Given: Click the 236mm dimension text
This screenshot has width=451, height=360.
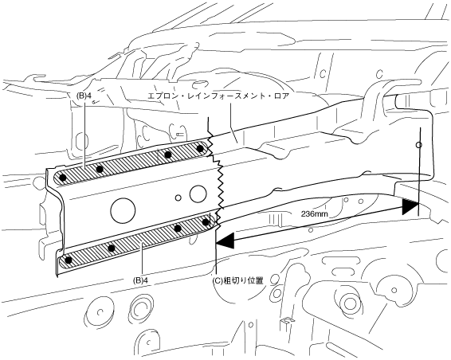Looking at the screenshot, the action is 315,214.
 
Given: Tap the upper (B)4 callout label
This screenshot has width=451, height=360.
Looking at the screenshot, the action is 84,96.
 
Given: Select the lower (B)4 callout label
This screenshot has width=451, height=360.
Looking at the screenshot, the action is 140,280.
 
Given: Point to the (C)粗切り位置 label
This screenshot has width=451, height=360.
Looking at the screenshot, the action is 237,280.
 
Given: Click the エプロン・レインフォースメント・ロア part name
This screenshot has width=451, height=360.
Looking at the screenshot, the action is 218,96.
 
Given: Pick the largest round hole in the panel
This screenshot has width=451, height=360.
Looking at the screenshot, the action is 123,210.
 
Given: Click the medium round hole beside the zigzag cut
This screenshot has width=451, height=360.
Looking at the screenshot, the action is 198,194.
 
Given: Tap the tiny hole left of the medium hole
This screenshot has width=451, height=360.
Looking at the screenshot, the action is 178,198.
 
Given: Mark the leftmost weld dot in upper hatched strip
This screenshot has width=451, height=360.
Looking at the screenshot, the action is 63,178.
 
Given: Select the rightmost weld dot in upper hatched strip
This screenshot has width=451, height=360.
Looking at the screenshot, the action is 201,148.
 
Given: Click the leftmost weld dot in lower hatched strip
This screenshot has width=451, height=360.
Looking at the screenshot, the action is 69,260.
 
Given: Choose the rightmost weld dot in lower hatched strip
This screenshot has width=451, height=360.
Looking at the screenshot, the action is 206,222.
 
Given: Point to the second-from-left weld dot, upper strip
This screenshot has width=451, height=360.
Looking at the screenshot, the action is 100,169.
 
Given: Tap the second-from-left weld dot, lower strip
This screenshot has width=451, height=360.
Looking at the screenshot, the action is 112,248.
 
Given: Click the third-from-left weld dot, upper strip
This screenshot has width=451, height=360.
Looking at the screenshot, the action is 168,155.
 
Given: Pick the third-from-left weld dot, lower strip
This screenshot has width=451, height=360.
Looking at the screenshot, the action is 178,229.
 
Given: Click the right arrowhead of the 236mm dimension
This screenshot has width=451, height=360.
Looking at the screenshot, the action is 410,206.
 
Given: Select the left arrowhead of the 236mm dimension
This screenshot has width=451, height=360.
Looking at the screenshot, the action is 225,241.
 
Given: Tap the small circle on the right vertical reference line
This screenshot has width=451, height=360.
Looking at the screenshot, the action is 419,145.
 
